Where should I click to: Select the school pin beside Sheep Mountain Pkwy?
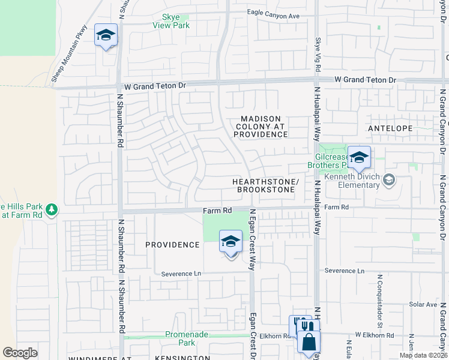tap(106, 36)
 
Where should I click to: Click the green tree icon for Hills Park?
tap(52, 209)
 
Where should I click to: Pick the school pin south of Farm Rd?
tap(231, 242)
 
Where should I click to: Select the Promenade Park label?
tap(180, 339)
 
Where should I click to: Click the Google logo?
tap(20, 353)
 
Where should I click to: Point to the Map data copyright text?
tap(423, 355)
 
